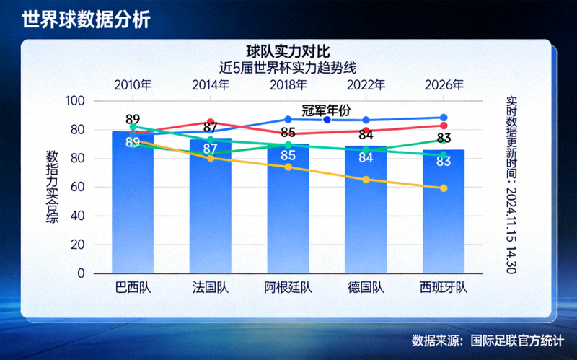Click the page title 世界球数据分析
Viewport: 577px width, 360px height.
tap(86, 19)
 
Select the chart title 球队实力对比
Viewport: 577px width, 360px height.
tap(288, 51)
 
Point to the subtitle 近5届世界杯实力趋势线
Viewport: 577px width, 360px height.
tap(288, 66)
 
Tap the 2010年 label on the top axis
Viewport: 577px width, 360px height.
tap(133, 84)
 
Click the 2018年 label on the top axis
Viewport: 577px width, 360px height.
tap(288, 84)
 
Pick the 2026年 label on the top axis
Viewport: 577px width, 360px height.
tap(444, 84)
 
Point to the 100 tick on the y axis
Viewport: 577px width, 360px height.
tap(75, 101)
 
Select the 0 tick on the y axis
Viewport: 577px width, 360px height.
tap(81, 274)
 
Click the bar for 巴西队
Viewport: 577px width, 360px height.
tap(133, 209)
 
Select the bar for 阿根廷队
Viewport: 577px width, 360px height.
tap(288, 213)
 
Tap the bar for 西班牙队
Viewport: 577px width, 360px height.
tap(444, 216)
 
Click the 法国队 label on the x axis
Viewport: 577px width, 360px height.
tap(210, 288)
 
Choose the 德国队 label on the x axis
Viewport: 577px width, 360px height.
tap(366, 288)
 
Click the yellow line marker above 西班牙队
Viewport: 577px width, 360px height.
tap(444, 188)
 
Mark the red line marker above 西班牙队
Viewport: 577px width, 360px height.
tap(444, 126)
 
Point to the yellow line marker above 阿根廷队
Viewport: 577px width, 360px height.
tap(288, 167)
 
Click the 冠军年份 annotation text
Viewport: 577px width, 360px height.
tap(325, 110)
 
